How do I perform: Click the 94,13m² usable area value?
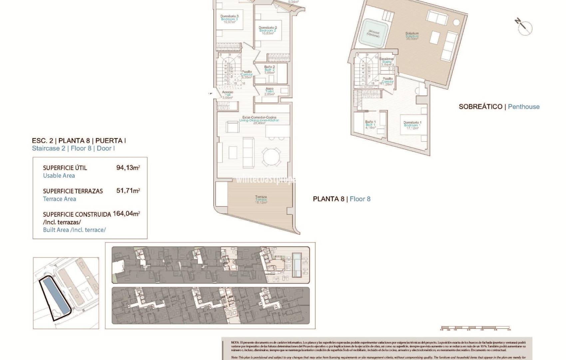[128, 168]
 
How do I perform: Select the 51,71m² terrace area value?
[128, 191]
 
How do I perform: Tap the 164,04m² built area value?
[126, 214]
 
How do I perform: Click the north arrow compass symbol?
[524, 27]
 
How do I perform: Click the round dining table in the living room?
[272, 156]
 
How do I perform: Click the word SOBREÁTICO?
[480, 107]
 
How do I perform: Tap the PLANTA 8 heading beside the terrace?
[328, 199]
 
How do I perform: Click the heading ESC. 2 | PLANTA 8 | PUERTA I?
[79, 141]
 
